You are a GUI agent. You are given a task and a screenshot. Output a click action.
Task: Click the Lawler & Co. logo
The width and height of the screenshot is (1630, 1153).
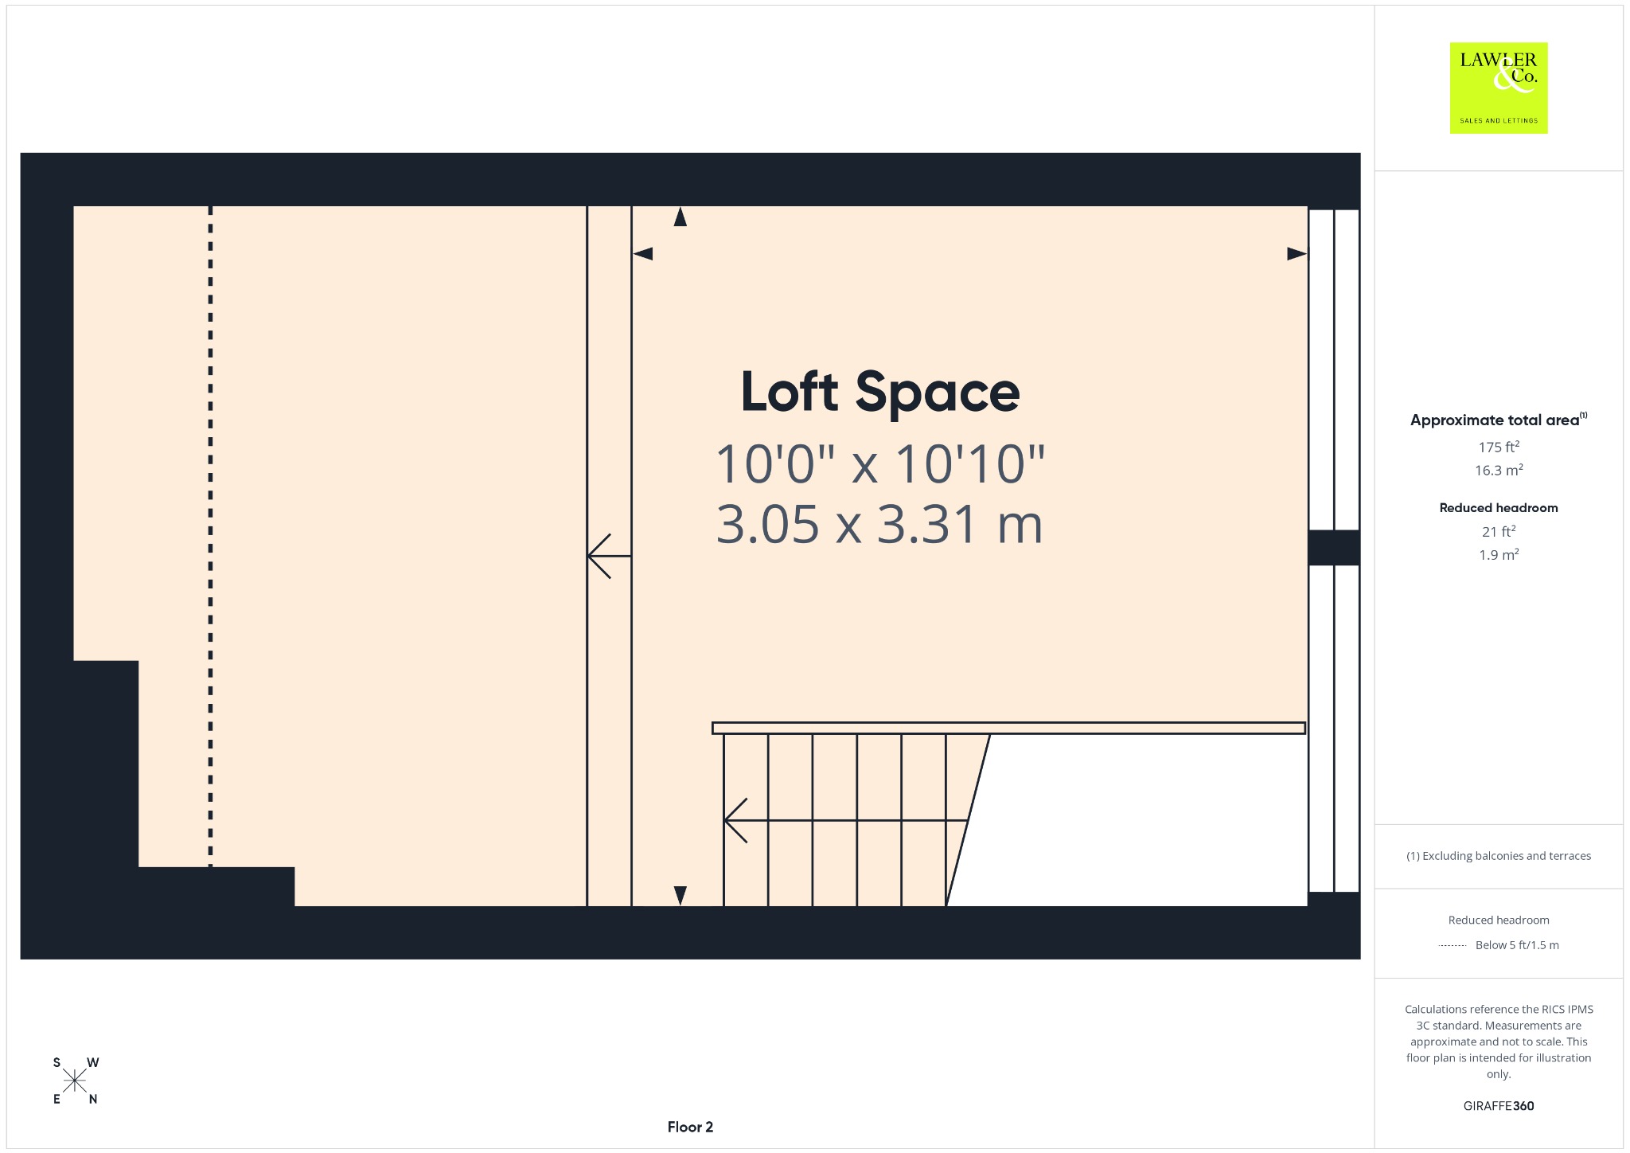click(1499, 88)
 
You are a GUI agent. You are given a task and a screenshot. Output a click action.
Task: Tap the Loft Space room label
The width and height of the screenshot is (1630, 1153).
click(880, 392)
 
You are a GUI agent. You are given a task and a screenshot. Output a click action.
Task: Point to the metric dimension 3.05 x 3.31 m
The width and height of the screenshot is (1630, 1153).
click(879, 524)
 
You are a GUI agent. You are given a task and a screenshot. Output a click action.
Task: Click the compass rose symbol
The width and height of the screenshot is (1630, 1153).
click(75, 1081)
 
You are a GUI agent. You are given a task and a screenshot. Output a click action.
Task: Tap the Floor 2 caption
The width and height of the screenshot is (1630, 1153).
click(690, 1127)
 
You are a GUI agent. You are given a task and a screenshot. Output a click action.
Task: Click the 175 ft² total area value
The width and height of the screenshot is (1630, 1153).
click(1499, 447)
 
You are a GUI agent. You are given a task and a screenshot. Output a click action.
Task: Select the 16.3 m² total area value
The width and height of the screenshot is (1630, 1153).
click(1499, 470)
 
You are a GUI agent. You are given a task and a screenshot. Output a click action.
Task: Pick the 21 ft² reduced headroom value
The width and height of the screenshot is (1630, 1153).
click(1499, 531)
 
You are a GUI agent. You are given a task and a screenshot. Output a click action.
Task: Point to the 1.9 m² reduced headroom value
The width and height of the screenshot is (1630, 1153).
click(1499, 554)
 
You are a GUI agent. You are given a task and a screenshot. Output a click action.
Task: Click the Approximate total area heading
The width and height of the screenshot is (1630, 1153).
click(1499, 420)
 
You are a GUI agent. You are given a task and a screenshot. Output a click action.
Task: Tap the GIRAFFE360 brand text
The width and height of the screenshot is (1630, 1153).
click(1499, 1105)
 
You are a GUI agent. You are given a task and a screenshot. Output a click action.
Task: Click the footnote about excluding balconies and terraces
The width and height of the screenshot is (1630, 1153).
click(1499, 856)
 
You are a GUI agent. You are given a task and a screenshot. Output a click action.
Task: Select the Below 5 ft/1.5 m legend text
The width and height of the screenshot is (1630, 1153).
click(1517, 945)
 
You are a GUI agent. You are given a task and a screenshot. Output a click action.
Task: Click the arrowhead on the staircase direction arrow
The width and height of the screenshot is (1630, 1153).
click(734, 820)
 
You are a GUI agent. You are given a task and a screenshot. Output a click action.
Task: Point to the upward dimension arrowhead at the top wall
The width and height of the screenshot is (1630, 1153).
click(680, 217)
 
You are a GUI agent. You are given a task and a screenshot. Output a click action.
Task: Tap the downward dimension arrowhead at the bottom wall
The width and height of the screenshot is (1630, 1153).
click(680, 896)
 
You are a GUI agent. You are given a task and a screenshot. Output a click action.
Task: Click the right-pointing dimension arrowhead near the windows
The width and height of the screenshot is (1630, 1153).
click(1297, 254)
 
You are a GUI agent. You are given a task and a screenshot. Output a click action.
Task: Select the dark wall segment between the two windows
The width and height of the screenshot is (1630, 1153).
click(1334, 548)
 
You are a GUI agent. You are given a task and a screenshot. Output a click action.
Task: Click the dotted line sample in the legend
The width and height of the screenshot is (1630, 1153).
click(1453, 945)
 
